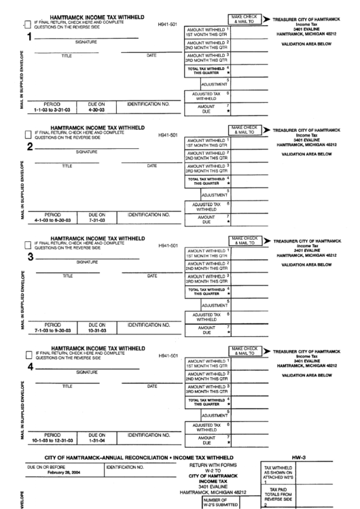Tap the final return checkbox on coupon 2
26,134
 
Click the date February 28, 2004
55,474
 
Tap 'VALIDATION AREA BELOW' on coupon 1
305,43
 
